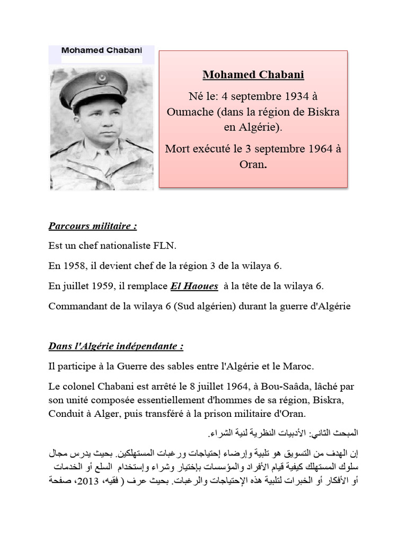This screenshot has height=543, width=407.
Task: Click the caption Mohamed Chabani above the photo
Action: (101, 51)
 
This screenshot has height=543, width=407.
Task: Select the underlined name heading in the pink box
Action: (253, 74)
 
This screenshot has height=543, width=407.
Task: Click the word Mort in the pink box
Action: (178, 148)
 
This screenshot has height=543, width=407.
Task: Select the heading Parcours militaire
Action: (93, 226)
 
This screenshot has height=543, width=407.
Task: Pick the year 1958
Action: (75, 266)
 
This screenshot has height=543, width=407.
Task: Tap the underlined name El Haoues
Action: (194, 286)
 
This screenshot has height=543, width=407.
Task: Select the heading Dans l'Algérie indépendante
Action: (116, 346)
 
